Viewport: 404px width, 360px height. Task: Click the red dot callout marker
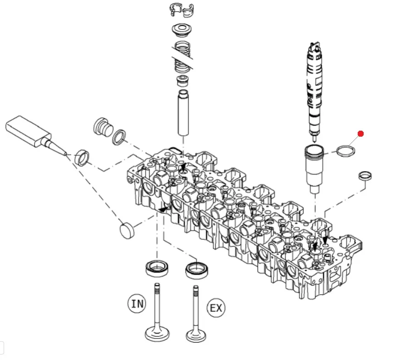click(360, 133)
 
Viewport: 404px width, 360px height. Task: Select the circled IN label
click(137, 304)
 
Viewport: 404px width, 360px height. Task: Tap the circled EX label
click(216, 308)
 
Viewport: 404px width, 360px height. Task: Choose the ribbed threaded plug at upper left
click(102, 126)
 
